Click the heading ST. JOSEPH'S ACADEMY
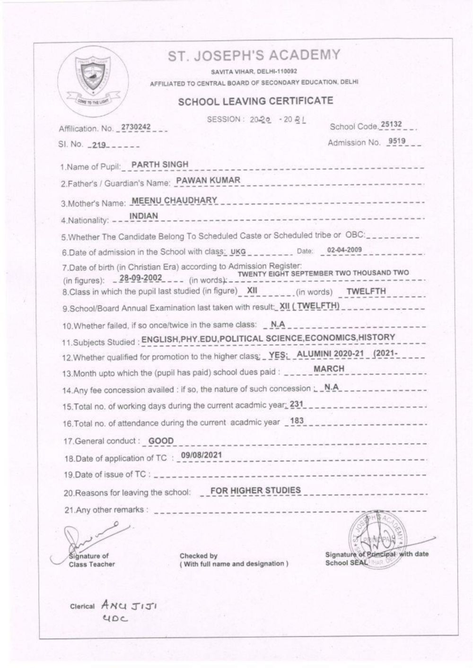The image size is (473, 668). [254, 56]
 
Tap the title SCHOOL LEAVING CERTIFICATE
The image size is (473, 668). [255, 101]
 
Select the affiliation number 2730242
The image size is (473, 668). [136, 127]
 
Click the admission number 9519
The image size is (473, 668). [396, 141]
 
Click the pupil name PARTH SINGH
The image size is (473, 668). [160, 165]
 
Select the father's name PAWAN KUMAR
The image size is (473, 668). [208, 180]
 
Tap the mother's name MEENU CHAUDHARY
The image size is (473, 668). [175, 200]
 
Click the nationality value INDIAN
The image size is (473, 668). [144, 216]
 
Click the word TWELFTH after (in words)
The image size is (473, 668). [366, 291]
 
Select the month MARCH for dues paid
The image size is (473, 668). [329, 368]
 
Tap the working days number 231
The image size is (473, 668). [296, 404]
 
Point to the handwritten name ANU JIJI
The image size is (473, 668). [125, 606]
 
